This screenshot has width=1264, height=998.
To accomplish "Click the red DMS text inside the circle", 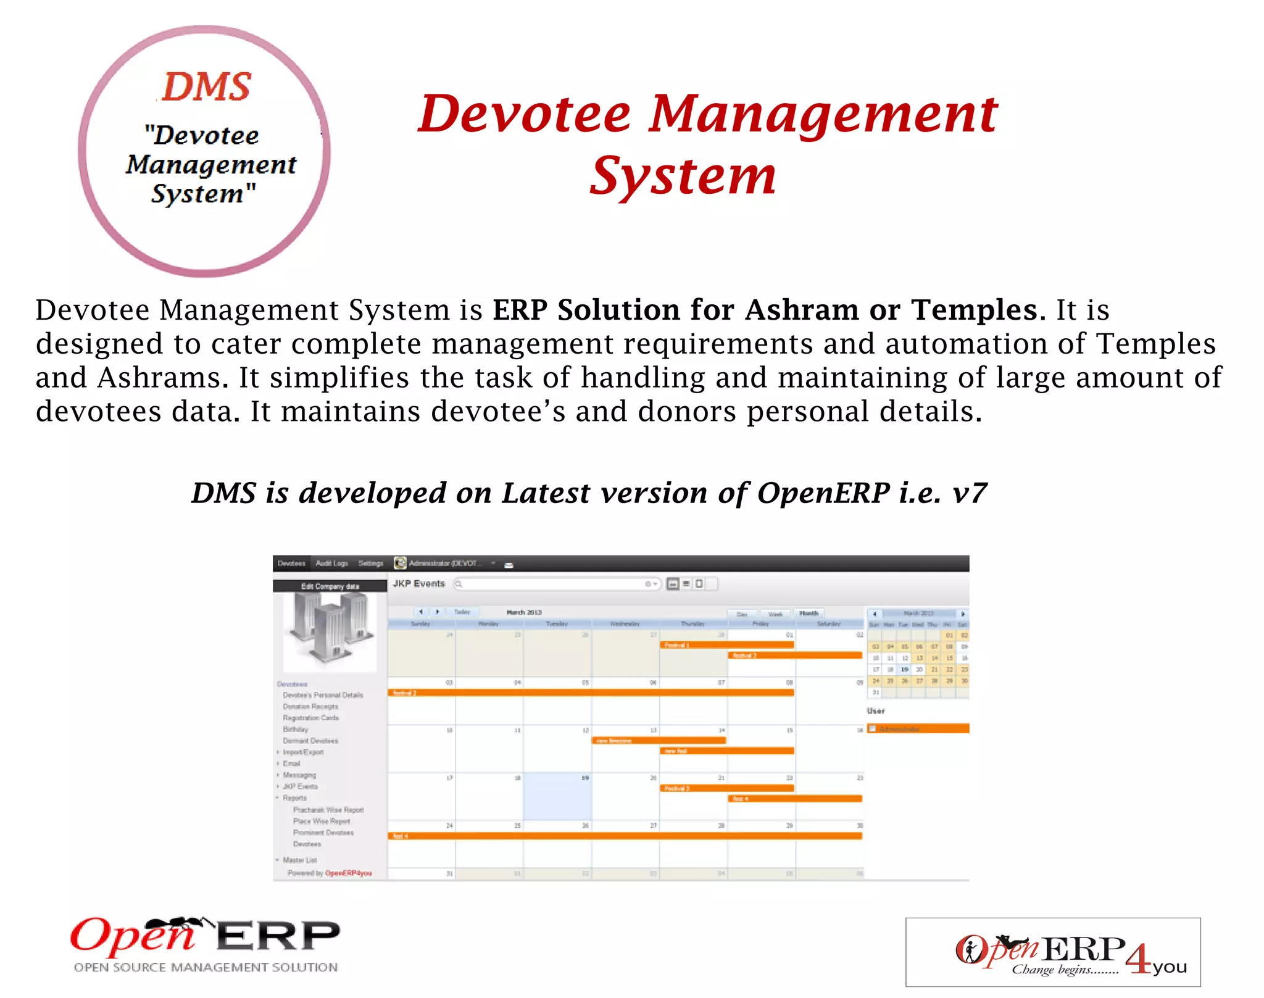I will (x=207, y=86).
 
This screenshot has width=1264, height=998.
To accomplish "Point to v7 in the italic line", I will (x=970, y=493).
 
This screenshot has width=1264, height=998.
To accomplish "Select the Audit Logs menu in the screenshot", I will (x=331, y=563).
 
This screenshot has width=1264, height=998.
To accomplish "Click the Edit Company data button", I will (x=330, y=586).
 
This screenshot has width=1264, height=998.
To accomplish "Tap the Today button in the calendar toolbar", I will (x=462, y=612).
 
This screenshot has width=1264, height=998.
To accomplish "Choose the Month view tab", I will (x=809, y=613).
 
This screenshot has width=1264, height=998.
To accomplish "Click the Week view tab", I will (x=775, y=614).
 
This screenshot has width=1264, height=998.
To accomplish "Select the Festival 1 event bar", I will (x=727, y=645).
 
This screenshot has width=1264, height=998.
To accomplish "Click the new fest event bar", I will (x=727, y=751).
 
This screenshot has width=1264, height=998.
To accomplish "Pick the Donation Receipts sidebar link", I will (x=310, y=707).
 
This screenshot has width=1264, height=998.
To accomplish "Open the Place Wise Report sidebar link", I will (x=322, y=821).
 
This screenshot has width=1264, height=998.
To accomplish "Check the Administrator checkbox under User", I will (x=873, y=729).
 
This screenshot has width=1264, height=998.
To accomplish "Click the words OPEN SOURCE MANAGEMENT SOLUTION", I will (x=206, y=967).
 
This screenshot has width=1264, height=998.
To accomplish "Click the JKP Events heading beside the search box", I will (x=419, y=584).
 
